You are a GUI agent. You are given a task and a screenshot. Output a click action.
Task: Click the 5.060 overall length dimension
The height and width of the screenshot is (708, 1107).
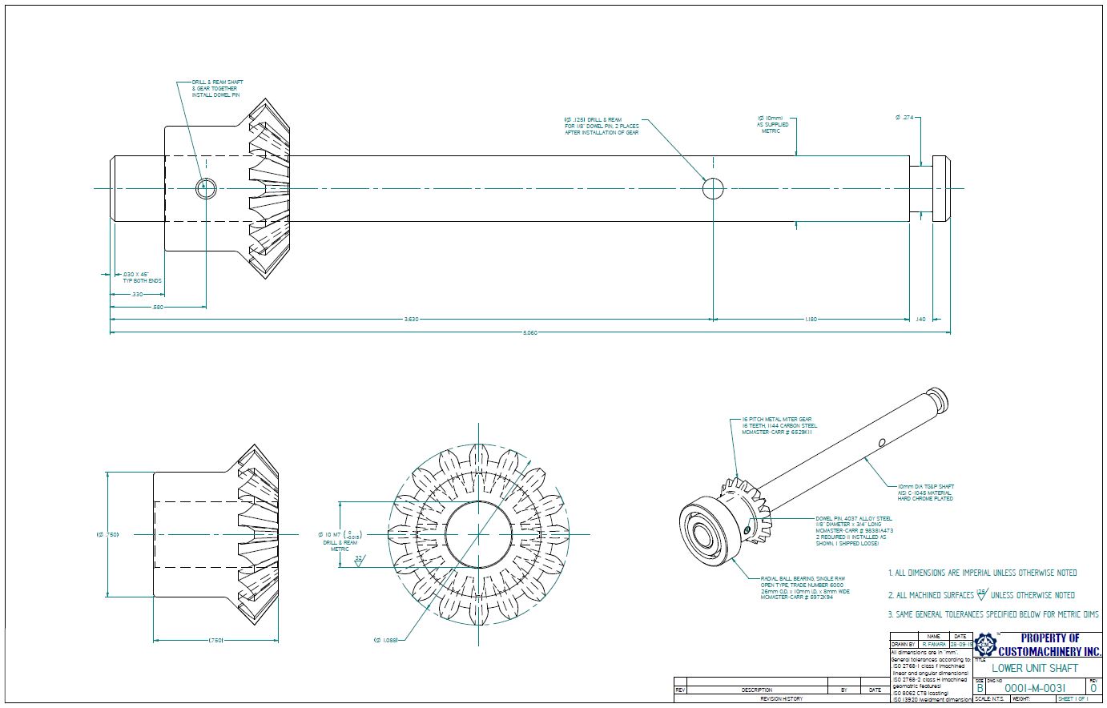point(529,332)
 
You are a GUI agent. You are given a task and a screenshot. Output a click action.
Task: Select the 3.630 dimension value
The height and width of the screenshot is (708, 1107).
point(410,320)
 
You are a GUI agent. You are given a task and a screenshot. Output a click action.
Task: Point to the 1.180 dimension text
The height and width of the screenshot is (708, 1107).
point(810,320)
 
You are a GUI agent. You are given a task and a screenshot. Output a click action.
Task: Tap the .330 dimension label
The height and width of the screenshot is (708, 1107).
point(137,294)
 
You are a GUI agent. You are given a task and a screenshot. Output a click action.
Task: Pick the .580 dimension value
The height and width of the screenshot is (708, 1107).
point(157,307)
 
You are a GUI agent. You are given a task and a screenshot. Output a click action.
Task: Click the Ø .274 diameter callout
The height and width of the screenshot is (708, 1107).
point(904,118)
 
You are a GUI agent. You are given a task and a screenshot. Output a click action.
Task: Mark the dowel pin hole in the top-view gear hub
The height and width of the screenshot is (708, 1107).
point(206,188)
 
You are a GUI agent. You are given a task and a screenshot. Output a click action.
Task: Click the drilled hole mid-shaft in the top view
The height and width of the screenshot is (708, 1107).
point(713,188)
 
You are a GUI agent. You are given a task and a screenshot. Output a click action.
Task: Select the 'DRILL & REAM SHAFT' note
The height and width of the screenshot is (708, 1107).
point(218,89)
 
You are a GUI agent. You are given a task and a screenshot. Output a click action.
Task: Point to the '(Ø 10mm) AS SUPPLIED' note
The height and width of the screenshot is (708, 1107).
point(773,124)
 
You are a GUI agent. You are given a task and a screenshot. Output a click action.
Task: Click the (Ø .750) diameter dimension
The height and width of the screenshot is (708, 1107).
point(107,534)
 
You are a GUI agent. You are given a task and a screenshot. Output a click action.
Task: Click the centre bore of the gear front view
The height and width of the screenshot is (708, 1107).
point(478,534)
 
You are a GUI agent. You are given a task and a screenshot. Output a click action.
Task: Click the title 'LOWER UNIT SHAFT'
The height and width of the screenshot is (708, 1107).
point(1035,668)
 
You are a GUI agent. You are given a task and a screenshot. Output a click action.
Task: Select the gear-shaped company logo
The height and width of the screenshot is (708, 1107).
point(986,645)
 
